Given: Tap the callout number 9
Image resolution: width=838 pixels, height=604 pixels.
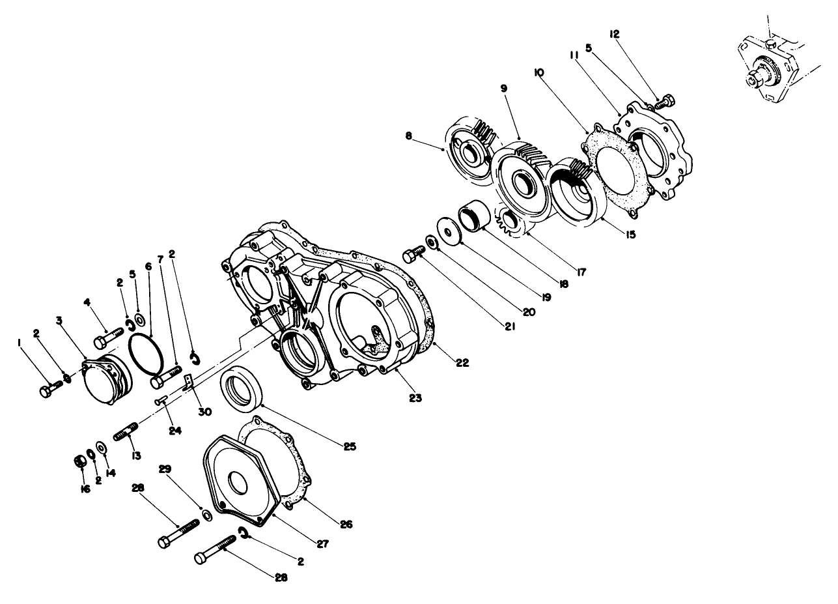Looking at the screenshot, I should tap(504, 88).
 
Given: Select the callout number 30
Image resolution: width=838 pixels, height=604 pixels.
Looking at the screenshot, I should tap(205, 411).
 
